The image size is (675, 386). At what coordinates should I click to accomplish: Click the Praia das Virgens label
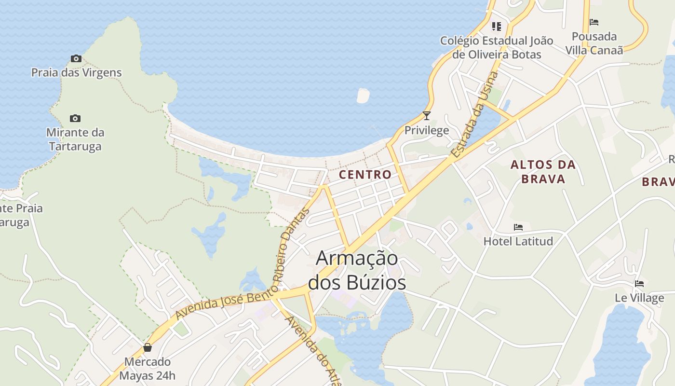(x=76, y=73)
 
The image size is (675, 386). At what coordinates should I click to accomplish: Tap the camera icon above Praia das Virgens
(x=76, y=58)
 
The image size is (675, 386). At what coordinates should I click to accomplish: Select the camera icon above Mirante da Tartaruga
(x=75, y=118)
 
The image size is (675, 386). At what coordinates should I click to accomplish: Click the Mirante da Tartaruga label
(x=75, y=139)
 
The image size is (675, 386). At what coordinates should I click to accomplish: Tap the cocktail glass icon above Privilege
(x=426, y=116)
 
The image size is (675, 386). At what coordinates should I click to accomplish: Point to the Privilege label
(x=426, y=130)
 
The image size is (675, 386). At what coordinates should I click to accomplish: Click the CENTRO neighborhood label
(x=365, y=175)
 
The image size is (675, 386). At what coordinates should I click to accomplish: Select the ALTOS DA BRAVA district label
(x=543, y=172)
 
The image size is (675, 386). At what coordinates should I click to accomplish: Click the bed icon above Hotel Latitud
(x=518, y=227)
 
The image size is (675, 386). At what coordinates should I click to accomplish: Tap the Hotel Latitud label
(x=518, y=241)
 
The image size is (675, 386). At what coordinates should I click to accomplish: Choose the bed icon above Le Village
(x=639, y=284)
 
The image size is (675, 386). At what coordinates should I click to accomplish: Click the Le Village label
(x=639, y=298)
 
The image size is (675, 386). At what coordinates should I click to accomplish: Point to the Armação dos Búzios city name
(x=357, y=270)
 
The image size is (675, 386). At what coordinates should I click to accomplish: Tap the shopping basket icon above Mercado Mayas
(x=148, y=347)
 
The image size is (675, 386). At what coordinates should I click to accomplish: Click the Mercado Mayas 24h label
(x=148, y=369)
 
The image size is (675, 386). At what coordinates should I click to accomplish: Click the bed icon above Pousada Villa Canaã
(x=594, y=22)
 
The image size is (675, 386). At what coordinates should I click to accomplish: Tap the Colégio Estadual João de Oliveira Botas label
(x=497, y=47)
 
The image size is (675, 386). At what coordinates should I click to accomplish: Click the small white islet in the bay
(x=363, y=96)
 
